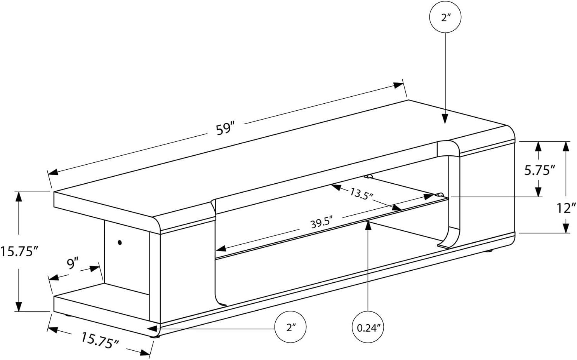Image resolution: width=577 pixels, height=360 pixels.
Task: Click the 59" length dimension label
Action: [x=225, y=129]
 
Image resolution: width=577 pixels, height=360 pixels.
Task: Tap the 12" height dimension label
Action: [x=566, y=208]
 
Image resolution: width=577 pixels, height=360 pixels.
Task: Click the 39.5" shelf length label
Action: [x=322, y=223]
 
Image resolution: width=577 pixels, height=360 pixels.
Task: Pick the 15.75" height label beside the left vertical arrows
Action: [x=19, y=251]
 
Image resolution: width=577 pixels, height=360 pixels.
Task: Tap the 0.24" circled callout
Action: [x=368, y=328]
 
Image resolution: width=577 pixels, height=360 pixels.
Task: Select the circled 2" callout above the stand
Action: [x=445, y=17]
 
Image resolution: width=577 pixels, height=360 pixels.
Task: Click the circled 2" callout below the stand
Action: [x=290, y=327]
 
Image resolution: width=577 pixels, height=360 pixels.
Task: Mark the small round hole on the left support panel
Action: [x=120, y=242]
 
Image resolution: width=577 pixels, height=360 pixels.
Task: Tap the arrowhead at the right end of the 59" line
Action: [x=398, y=85]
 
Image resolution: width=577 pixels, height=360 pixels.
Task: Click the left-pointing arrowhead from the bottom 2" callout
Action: [x=152, y=329]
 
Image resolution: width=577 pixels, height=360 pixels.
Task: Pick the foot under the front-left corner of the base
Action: [x=155, y=336]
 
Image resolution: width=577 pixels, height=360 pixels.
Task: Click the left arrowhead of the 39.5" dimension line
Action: [x=221, y=249]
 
